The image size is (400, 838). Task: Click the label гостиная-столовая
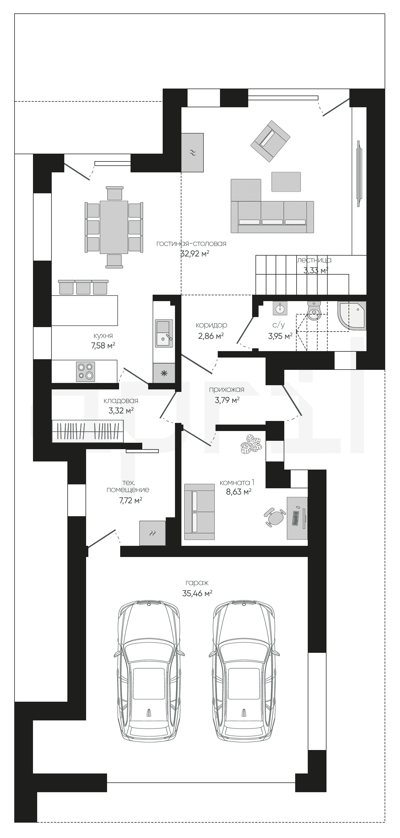click(x=191, y=244)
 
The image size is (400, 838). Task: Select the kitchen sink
click(x=164, y=333)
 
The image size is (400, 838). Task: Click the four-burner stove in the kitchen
click(x=86, y=372)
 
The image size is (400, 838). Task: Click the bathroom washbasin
click(x=280, y=308)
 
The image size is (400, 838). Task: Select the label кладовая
click(x=121, y=401)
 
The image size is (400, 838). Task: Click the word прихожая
click(x=226, y=389)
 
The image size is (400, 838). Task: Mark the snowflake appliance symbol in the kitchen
click(x=164, y=373)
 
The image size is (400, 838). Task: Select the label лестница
click(x=314, y=260)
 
